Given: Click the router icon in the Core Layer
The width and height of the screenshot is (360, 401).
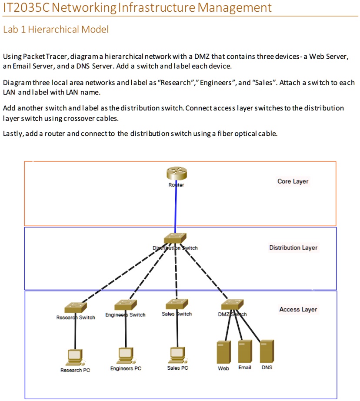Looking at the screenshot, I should (176, 174).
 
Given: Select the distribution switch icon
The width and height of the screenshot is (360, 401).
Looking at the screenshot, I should (175, 238).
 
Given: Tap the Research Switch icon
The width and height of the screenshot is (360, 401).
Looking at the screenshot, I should (76, 307).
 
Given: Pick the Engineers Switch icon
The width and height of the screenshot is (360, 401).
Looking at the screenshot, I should (125, 305).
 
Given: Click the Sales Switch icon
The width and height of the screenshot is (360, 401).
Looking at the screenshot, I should (177, 304).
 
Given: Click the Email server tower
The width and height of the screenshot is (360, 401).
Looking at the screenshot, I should (245, 351).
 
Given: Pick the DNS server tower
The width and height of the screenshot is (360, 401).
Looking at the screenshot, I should (267, 351).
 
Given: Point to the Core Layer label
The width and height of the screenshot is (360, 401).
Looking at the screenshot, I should (293, 181).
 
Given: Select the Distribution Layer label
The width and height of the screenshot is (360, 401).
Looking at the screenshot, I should (293, 248).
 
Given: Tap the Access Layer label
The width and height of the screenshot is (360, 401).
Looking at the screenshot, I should (298, 310).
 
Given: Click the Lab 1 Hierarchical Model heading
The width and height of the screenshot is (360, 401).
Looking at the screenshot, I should (56, 30).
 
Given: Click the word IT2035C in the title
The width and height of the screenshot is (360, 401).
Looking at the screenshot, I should (25, 7).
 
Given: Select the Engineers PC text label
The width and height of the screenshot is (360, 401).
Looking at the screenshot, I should (126, 368).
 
